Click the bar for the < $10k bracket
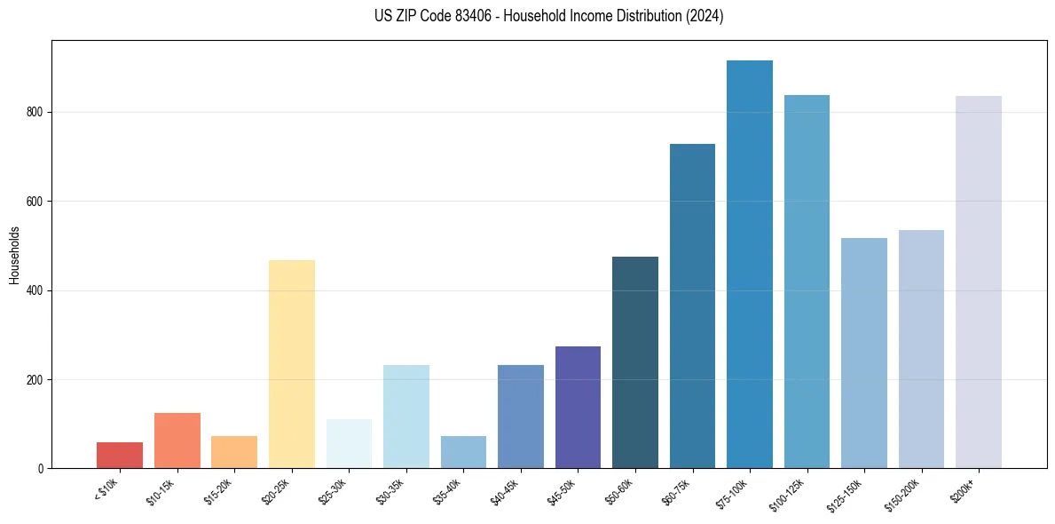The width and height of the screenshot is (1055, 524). [x=120, y=455]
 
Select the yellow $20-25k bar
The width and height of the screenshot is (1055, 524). [x=291, y=364]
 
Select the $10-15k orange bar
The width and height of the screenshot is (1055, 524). [x=177, y=441]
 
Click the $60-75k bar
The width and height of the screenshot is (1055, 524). [x=692, y=306]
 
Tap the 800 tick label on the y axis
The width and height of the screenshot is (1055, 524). [x=35, y=113]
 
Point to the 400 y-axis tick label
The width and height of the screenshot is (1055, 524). [x=35, y=290]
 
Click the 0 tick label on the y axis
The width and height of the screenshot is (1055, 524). [x=41, y=469]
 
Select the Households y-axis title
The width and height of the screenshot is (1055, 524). [x=14, y=255]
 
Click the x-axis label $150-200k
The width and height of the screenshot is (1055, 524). [x=903, y=494]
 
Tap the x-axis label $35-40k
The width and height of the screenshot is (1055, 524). [x=448, y=491]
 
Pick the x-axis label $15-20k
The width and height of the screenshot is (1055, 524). [x=219, y=491]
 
